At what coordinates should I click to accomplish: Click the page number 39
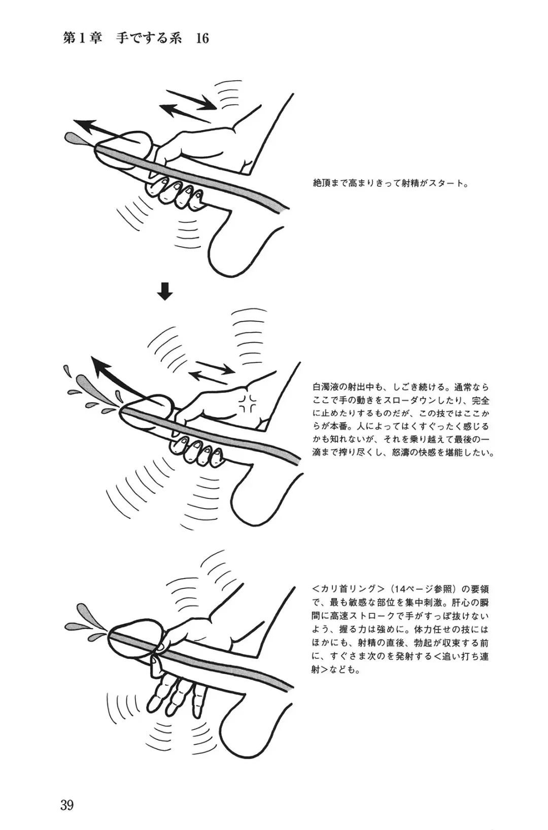(x=67, y=805)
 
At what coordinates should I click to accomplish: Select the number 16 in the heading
(x=202, y=39)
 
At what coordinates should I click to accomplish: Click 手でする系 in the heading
(x=149, y=39)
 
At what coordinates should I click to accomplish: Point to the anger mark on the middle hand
(x=248, y=403)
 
